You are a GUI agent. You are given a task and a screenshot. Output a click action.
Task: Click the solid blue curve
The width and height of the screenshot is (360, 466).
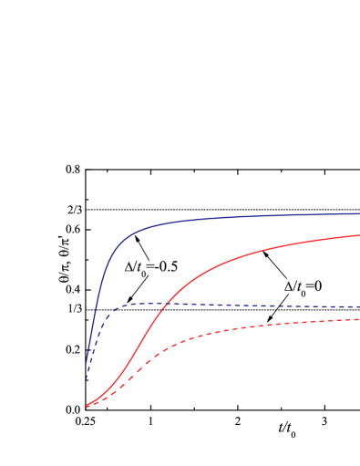[x=228, y=217]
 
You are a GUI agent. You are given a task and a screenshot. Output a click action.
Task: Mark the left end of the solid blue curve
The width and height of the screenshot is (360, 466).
[x=87, y=364]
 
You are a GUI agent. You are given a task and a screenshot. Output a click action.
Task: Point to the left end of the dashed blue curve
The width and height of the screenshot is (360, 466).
[x=87, y=378]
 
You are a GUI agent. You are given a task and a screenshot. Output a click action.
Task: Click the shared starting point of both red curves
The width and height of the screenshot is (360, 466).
[x=87, y=406]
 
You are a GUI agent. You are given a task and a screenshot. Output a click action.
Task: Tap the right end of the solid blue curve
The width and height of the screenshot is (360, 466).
[x=359, y=214]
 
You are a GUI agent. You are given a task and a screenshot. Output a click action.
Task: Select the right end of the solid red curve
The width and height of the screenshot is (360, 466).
[x=359, y=235]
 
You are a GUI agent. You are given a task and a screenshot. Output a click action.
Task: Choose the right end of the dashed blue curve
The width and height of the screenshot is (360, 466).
[x=359, y=307]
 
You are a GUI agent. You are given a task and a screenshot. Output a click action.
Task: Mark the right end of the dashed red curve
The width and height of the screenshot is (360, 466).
[x=359, y=319]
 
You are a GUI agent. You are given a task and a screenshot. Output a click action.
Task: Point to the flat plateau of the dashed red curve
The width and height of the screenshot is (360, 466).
[x=301, y=322]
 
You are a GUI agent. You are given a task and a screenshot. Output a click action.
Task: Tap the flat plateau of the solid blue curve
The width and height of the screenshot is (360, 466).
[x=292, y=215]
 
